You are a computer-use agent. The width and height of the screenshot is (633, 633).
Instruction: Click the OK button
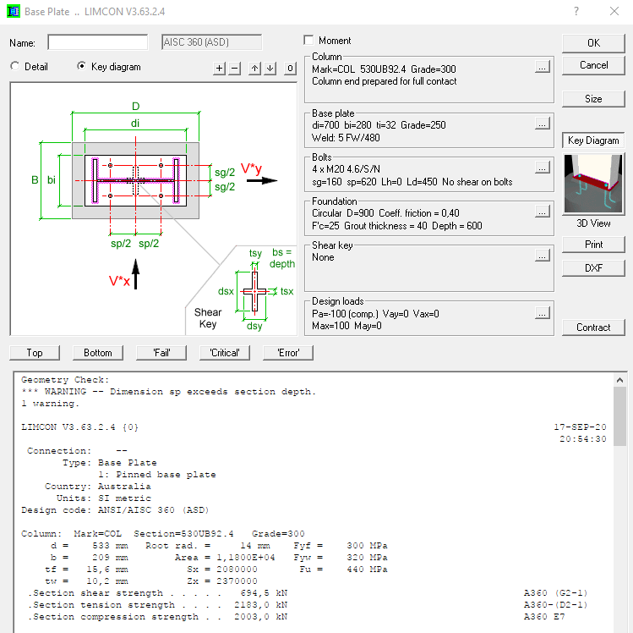[x=593, y=42]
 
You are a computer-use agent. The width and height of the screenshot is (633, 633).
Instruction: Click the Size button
[x=593, y=99]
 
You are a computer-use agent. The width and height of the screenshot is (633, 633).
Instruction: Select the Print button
[x=593, y=245]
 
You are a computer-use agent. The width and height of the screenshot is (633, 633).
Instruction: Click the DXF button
[x=593, y=268]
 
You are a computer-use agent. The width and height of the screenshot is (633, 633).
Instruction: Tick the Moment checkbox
[x=308, y=41]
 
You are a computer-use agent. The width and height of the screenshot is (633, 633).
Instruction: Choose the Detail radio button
[x=15, y=66]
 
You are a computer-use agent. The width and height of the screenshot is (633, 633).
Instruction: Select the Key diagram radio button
[x=82, y=66]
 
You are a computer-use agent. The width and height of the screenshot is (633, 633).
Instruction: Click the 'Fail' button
[x=163, y=353]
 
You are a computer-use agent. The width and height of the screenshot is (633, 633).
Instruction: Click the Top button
[x=35, y=353]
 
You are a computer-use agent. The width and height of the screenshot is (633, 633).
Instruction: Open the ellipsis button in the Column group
[x=542, y=66]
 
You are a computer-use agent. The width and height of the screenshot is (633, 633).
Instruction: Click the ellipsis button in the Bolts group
[x=542, y=167]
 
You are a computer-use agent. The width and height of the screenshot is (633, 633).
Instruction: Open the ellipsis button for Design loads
[x=542, y=313]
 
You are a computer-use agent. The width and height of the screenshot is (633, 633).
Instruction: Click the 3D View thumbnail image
[x=593, y=184]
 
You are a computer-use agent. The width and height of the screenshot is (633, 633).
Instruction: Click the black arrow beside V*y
[x=267, y=180]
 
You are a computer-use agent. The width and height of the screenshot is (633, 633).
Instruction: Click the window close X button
[x=614, y=12]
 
